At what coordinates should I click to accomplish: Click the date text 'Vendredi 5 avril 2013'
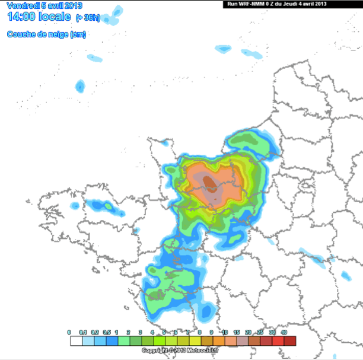[44, 5]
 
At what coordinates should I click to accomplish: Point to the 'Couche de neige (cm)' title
[46, 34]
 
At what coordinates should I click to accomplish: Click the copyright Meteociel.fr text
[180, 351]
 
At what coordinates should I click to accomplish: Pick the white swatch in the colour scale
[76, 341]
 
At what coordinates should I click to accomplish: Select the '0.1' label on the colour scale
[82, 332]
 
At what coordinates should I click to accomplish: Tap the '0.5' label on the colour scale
[107, 332]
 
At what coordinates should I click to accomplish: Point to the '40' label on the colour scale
[284, 332]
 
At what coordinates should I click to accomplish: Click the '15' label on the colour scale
[237, 332]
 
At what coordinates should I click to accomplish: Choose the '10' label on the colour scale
[225, 332]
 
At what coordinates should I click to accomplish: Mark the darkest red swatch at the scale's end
[289, 341]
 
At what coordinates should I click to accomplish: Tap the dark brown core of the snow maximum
[209, 180]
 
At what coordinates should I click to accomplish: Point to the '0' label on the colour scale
[69, 332]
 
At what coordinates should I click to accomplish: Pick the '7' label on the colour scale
[189, 332]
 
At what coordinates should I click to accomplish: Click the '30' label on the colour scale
[272, 332]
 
